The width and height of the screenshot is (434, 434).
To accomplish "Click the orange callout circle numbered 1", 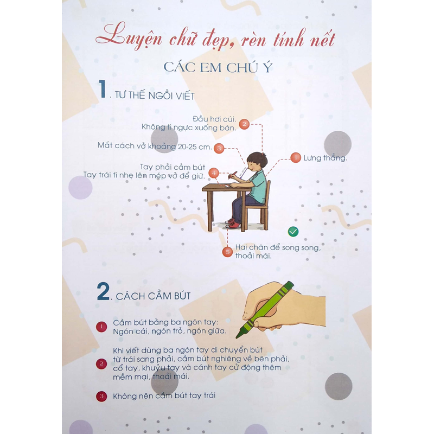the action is pos(296,158).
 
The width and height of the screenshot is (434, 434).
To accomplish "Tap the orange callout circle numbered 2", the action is pos(244,124).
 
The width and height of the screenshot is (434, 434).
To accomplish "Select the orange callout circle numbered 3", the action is pos(219,148).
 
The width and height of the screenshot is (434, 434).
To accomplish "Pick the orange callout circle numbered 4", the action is pos(214,173).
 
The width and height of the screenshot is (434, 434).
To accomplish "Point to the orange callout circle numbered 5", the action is pos(227,252).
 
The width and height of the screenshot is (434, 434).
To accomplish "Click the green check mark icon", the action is pos(293,232).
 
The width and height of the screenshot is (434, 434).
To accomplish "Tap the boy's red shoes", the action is pos(233,224).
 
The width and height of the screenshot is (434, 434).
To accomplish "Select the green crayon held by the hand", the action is pos(264,310).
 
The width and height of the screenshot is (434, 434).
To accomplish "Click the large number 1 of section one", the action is pos(103,89).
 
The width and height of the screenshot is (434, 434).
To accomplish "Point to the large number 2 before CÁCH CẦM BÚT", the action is pos(103,291).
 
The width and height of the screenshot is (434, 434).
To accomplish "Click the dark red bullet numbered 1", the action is pos(101,327).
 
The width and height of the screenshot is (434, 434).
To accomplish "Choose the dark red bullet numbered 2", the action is pos(101,363).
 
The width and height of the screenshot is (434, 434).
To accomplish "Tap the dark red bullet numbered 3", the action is pos(101,396).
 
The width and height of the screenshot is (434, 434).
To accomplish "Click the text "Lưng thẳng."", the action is pos(325,158).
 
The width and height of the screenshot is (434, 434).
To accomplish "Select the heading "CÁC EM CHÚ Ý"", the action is pos(218,67).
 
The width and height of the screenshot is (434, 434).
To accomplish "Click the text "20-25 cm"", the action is pos(194,146).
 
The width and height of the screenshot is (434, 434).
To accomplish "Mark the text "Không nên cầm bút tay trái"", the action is pos(164,396).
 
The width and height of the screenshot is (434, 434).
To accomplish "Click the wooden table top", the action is pos(227,188).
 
